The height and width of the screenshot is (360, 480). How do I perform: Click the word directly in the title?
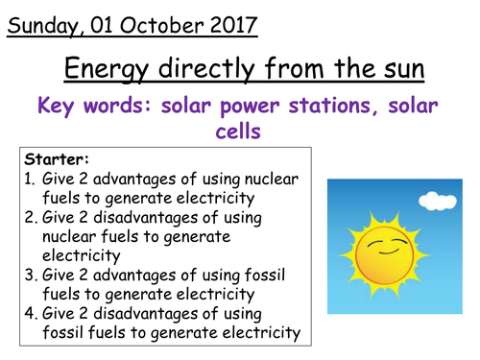tap(207, 70)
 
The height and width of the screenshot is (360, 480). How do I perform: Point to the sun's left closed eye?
tap(371, 240)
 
